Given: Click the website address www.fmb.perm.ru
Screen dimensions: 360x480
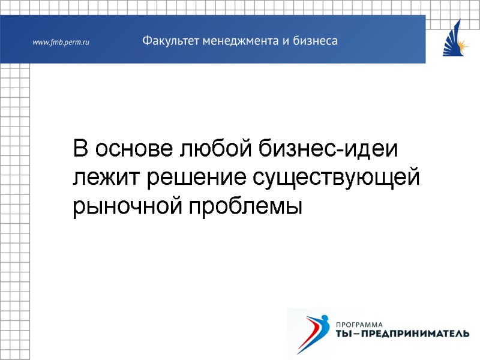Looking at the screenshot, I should tap(61, 43).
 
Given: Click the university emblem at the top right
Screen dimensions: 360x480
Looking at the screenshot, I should tap(455, 38).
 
